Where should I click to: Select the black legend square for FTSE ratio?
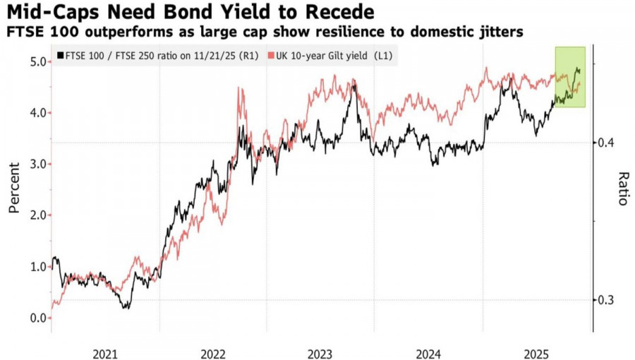(61, 55)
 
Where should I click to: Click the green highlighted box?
(570, 77)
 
